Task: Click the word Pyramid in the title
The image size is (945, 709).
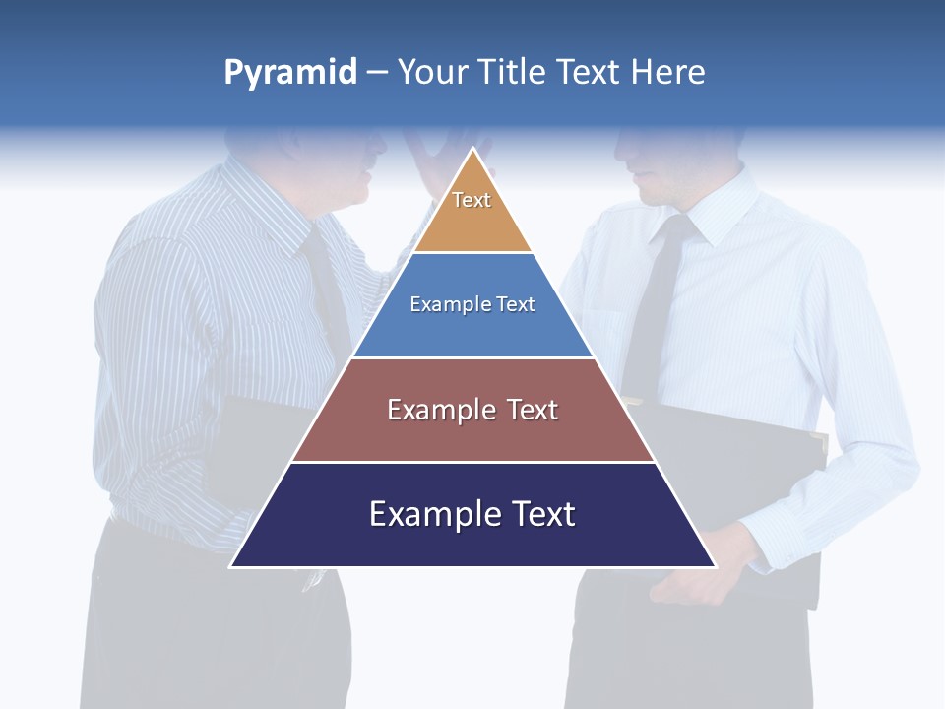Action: [x=289, y=73]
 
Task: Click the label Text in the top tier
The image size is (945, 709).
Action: [x=472, y=200]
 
